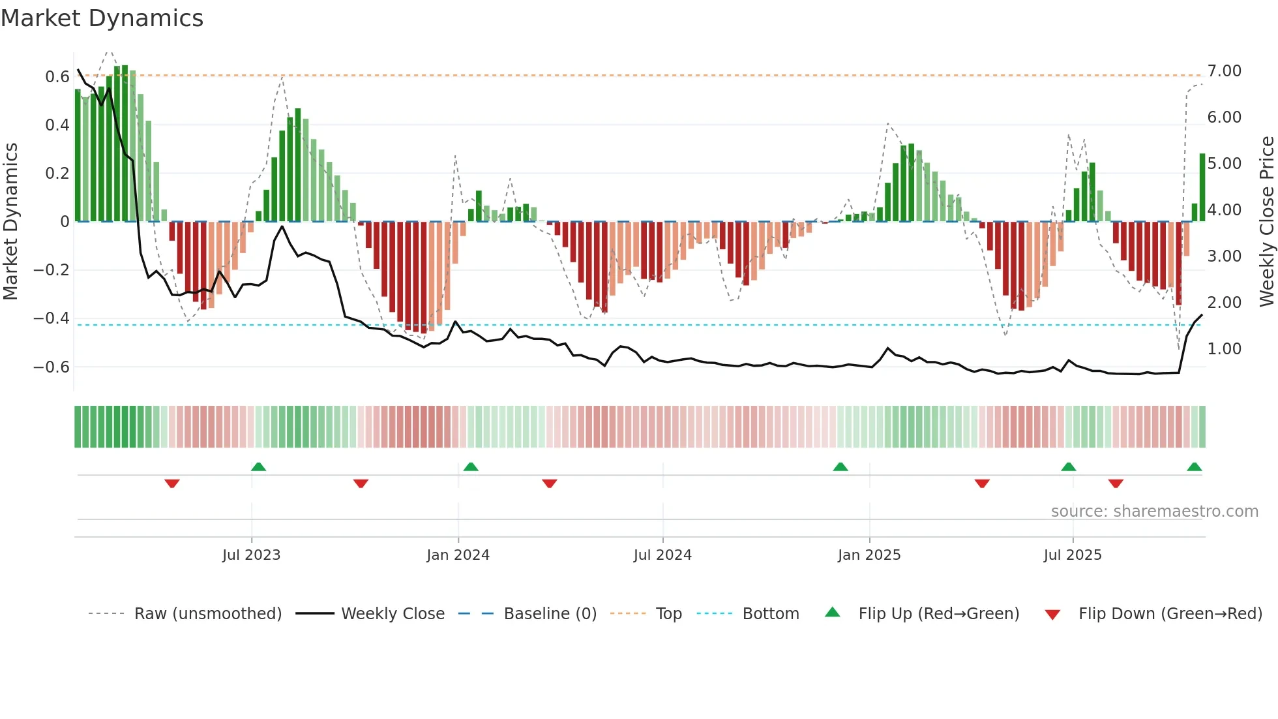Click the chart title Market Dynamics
(102, 18)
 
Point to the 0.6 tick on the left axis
(57, 77)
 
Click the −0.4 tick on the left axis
(51, 318)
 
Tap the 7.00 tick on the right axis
(1224, 70)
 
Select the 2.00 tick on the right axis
(1224, 302)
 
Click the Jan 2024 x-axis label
(458, 555)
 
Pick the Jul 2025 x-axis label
(1072, 555)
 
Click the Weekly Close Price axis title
(1266, 222)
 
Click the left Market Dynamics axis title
(10, 222)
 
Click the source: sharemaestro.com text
(1154, 512)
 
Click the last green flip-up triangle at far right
(1194, 467)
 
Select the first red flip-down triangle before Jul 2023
(172, 483)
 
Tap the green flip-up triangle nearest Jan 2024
(471, 467)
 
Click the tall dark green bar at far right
(1202, 187)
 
